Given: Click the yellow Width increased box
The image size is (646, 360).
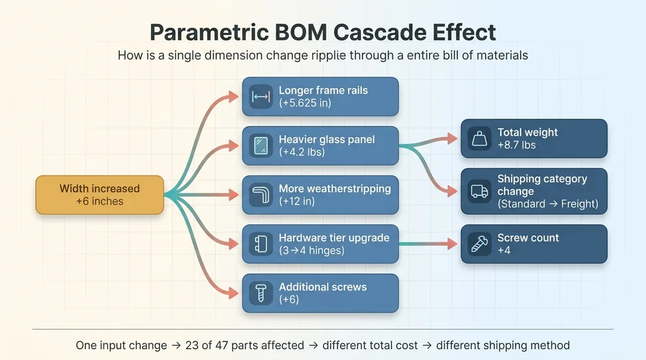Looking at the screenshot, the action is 100,195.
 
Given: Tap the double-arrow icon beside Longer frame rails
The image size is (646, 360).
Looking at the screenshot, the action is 261,97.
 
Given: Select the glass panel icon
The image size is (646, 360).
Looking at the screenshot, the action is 261,146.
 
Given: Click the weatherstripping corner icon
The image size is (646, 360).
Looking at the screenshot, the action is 261,195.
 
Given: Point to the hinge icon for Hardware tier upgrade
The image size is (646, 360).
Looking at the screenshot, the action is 261,244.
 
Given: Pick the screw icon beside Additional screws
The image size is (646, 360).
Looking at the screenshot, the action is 261,293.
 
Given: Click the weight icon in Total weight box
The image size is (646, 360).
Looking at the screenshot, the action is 479,139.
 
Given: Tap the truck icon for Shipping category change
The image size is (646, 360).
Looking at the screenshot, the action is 479,192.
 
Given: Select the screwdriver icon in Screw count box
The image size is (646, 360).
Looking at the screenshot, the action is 479,244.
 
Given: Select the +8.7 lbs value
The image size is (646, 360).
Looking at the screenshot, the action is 517,145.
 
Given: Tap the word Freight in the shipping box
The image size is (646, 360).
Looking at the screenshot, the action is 579,204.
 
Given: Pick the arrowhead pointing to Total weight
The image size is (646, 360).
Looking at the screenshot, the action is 452,139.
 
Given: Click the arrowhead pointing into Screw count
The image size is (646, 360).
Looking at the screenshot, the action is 452,244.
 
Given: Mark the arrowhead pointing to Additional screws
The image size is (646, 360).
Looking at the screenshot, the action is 233,293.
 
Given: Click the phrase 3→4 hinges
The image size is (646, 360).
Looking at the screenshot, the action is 312,250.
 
